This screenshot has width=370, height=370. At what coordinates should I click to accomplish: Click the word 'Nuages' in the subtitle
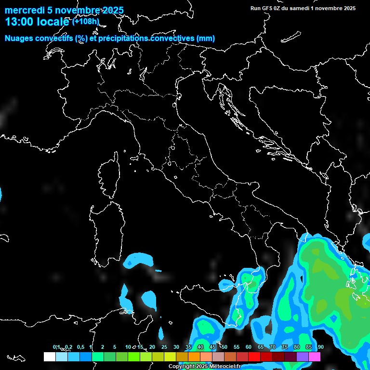pyautogui.click(x=19, y=39)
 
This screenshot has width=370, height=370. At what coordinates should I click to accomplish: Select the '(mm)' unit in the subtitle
pyautogui.click(x=206, y=39)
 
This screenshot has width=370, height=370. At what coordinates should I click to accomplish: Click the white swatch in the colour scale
pyautogui.click(x=49, y=357)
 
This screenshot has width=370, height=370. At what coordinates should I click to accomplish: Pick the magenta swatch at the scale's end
pyautogui.click(x=315, y=357)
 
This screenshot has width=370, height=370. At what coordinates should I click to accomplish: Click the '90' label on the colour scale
pyautogui.click(x=320, y=347)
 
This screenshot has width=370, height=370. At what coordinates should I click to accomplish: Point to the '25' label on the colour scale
pyautogui.click(x=164, y=347)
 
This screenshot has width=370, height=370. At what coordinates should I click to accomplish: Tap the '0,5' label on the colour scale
pyautogui.click(x=80, y=347)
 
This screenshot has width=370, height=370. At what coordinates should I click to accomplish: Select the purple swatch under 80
pyautogui.click(x=303, y=357)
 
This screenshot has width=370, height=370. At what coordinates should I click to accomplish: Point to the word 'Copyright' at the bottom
pyautogui.click(x=181, y=367)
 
